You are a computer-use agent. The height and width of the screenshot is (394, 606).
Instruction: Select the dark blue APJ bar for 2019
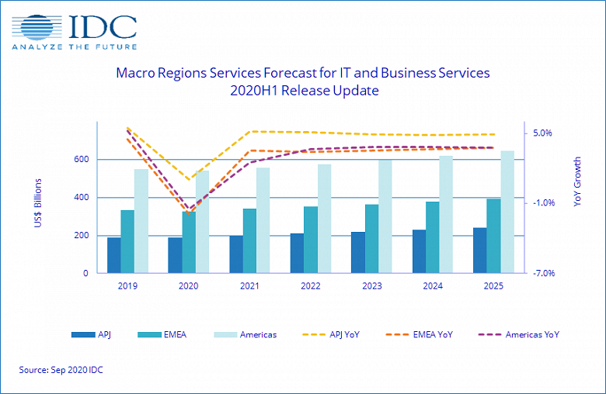(x=113, y=255)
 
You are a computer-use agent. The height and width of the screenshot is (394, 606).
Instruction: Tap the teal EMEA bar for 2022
(x=310, y=240)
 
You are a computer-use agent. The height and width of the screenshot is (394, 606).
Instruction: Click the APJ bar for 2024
(x=418, y=251)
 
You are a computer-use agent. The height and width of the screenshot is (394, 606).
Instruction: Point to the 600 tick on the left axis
(x=81, y=160)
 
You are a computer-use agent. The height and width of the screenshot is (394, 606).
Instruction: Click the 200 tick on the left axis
(x=81, y=236)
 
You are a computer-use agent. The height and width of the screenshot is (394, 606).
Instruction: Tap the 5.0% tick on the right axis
(x=542, y=133)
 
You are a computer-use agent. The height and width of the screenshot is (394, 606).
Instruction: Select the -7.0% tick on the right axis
(x=542, y=274)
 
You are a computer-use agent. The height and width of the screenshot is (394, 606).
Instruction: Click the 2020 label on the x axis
(x=189, y=286)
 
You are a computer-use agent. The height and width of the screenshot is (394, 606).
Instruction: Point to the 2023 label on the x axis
(x=371, y=286)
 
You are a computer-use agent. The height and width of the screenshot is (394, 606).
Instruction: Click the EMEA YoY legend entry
(x=432, y=335)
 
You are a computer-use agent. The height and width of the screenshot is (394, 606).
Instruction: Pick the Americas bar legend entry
(x=253, y=335)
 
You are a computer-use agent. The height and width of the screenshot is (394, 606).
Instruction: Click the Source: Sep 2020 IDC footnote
(x=61, y=370)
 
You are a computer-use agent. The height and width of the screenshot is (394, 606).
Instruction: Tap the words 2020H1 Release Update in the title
(x=304, y=91)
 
